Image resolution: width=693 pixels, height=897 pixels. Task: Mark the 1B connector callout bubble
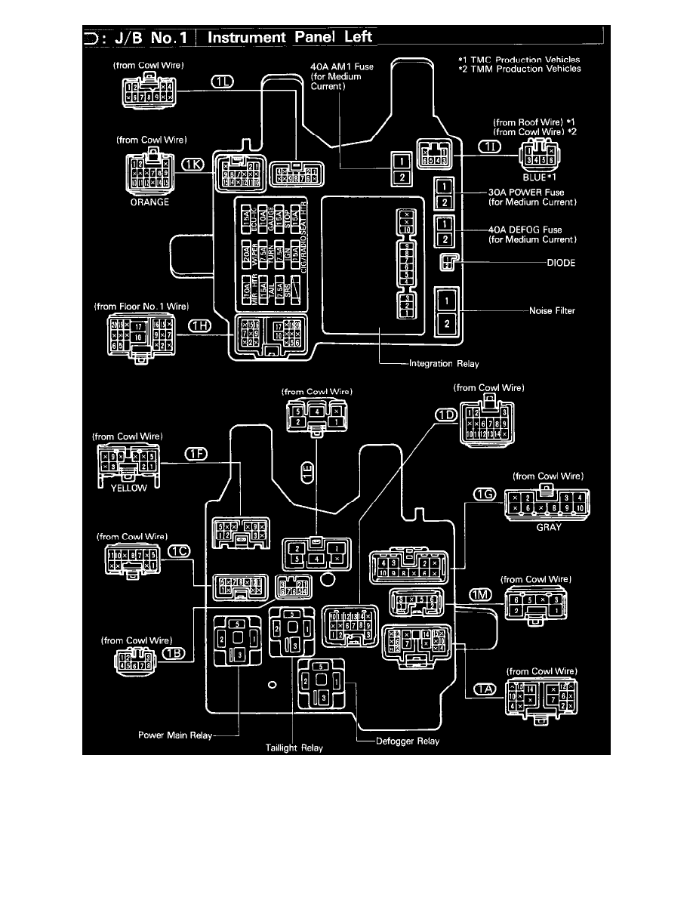point(174,652)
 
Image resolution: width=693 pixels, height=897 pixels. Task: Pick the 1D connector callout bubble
point(446,415)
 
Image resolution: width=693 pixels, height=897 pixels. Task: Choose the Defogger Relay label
point(408,741)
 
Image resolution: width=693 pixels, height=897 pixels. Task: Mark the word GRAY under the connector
point(548,528)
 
